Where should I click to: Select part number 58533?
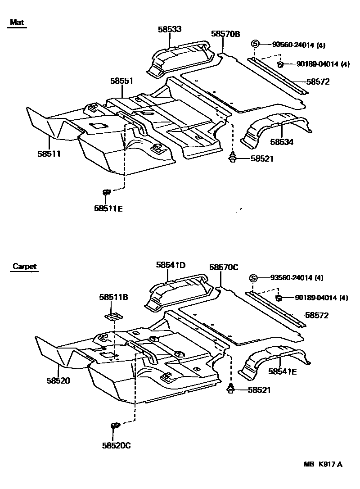tap(170, 29)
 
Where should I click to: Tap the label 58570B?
tap(225, 34)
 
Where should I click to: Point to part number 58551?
tap(122, 81)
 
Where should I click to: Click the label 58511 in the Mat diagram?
tap(49, 154)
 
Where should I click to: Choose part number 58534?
tap(282, 142)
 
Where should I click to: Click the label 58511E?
tap(108, 208)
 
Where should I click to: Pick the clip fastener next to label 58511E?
tap(107, 193)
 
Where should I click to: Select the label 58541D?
tap(171, 265)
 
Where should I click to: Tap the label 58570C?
tap(224, 267)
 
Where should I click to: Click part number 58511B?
tap(114, 297)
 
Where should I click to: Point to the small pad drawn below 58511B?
tap(115, 316)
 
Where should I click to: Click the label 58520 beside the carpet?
tap(58, 380)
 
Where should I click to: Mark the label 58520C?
tap(116, 446)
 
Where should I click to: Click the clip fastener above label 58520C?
tap(114, 425)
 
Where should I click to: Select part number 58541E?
tap(283, 371)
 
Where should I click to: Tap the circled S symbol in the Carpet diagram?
tap(253, 278)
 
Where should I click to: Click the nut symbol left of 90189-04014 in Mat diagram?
tap(279, 64)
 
